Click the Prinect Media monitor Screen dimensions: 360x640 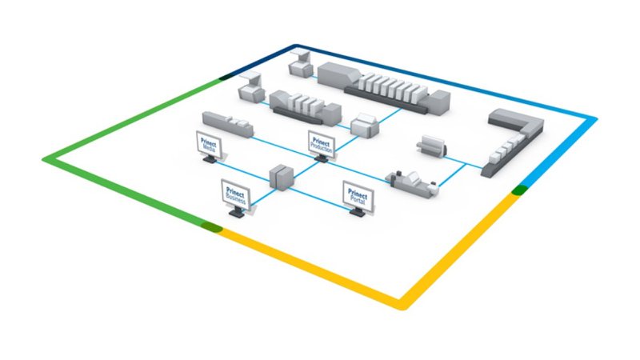(210, 145)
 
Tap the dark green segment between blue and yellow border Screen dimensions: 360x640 (519, 190)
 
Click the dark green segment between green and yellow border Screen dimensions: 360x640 (211, 228)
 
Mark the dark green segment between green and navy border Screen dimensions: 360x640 (226, 78)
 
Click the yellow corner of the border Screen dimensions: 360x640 (401, 304)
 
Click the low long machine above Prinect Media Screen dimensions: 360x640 (226, 124)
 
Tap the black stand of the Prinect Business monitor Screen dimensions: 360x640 (237, 214)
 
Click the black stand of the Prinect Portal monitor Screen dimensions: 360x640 (354, 212)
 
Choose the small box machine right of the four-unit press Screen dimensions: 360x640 (363, 126)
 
